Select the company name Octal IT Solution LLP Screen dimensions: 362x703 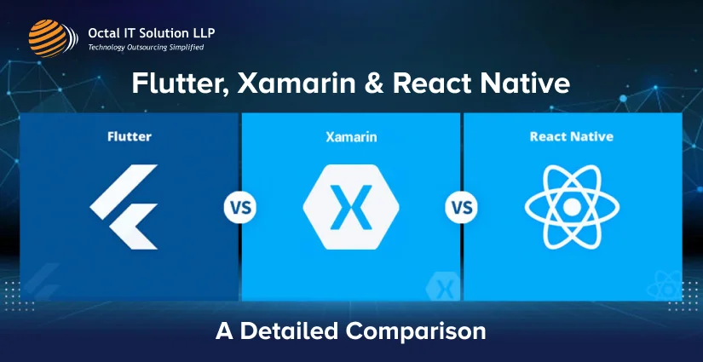152,32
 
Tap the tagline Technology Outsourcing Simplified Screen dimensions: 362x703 146,48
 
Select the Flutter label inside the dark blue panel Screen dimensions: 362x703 130,135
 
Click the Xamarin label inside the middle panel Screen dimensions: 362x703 351,136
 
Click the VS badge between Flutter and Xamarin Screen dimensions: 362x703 240,207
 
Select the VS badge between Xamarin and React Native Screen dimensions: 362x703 461,207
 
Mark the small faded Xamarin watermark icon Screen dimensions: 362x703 442,286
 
